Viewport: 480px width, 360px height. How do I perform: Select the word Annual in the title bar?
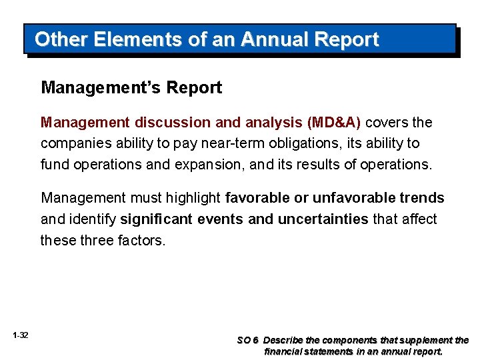coord(271,39)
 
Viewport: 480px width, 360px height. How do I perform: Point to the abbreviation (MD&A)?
coord(333,123)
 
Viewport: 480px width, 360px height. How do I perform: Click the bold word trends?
coord(421,198)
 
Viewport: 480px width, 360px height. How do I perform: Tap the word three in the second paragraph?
coord(97,239)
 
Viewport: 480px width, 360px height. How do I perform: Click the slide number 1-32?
coord(20,335)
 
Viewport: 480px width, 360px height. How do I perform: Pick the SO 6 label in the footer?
coord(248,340)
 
